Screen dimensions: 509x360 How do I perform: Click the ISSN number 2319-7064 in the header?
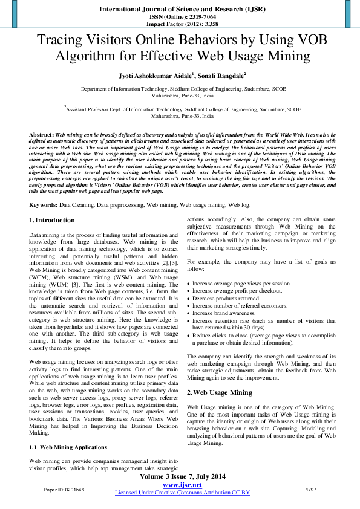coord(195,18)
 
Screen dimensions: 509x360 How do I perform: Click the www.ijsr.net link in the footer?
coord(182,485)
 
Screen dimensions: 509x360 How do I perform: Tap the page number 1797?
coord(311,489)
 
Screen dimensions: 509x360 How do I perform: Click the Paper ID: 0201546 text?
coord(64,489)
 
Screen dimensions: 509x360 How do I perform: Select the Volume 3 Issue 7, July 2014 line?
coord(182,477)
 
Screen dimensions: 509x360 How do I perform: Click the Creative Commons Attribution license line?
coord(182,493)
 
